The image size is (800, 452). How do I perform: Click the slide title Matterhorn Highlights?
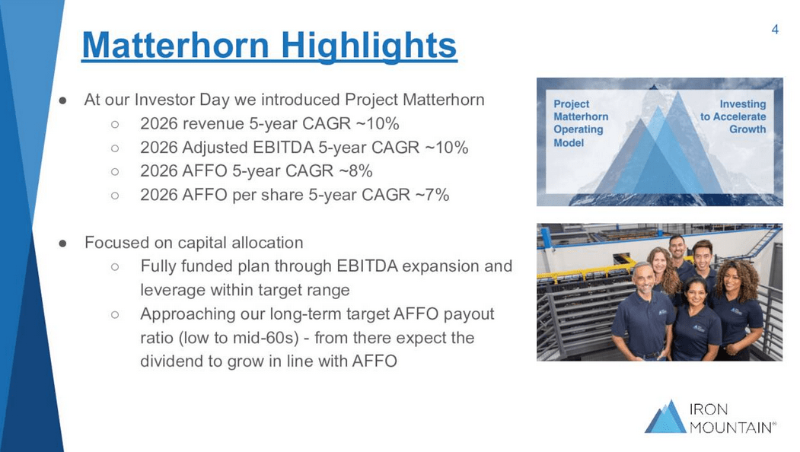tap(269, 45)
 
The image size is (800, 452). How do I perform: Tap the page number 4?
tap(775, 30)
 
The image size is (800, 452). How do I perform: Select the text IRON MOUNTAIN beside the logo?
tap(732, 418)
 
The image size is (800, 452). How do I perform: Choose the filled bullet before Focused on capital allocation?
tap(65, 244)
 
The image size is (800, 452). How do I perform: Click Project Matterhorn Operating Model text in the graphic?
tap(580, 123)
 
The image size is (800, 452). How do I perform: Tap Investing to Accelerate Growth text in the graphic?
tap(734, 116)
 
